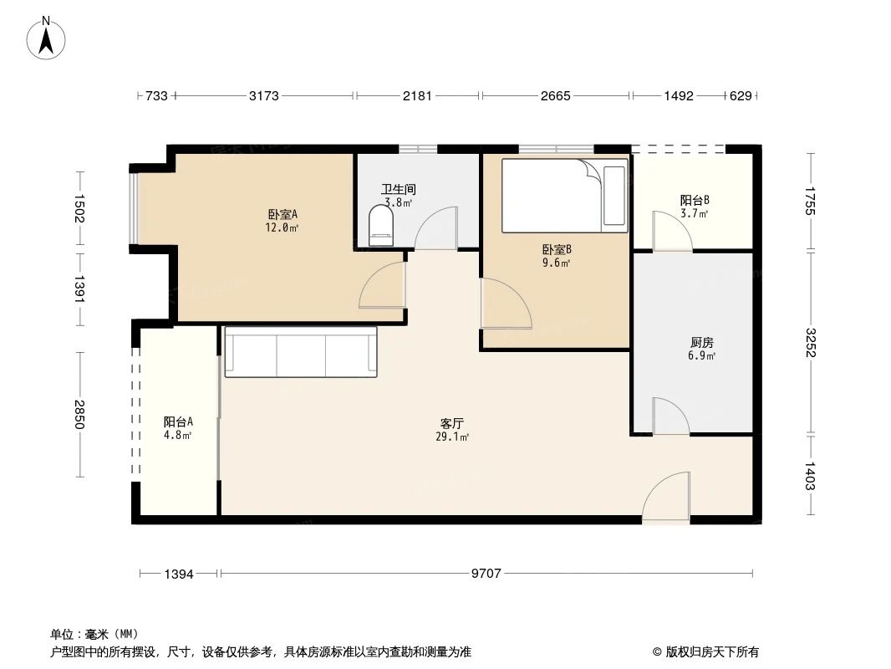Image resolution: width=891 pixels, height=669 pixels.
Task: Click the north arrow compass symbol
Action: (46, 38)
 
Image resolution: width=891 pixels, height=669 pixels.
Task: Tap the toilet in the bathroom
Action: (380, 226)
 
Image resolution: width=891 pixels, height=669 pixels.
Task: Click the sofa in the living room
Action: (301, 351)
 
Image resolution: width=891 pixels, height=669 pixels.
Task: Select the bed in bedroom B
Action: (564, 196)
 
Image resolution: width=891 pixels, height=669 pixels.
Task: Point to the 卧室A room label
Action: (283, 214)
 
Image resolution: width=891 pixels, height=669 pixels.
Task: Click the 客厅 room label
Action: (451, 423)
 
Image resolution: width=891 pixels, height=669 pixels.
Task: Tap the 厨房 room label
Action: (702, 342)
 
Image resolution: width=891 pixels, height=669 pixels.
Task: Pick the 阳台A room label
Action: (178, 421)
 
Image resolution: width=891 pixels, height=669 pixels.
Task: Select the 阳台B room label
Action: (695, 200)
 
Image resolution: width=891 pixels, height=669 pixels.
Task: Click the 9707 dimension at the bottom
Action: (486, 574)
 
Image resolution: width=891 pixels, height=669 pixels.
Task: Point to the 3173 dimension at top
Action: (264, 95)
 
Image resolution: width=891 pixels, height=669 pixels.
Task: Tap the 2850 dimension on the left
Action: (79, 415)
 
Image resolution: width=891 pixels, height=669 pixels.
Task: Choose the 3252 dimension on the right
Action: (810, 343)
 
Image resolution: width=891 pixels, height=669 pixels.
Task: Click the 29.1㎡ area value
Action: (451, 437)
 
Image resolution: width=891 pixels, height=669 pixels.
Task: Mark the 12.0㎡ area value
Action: (282, 228)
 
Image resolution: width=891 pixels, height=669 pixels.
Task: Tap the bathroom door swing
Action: (435, 228)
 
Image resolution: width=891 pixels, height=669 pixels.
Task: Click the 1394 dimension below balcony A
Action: (179, 574)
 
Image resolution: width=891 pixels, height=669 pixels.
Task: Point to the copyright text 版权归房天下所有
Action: (711, 652)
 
